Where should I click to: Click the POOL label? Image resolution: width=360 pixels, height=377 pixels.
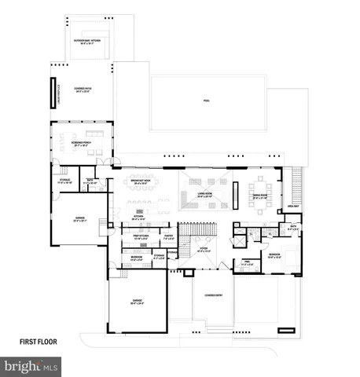click(206, 101)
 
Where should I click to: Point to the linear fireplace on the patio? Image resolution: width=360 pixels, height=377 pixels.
click(53, 90)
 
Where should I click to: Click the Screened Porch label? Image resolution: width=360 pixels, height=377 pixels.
click(82, 145)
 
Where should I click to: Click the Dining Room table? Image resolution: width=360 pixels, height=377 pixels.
click(260, 206)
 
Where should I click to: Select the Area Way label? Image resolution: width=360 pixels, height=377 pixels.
click(293, 207)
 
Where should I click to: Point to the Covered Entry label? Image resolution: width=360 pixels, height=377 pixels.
click(211, 297)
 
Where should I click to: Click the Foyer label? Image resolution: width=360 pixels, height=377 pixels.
click(203, 250)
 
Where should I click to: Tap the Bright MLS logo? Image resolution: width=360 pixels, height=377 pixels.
click(31, 366)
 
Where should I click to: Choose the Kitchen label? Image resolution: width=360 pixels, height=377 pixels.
click(142, 219)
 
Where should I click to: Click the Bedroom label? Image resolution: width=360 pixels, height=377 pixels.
click(274, 255)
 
